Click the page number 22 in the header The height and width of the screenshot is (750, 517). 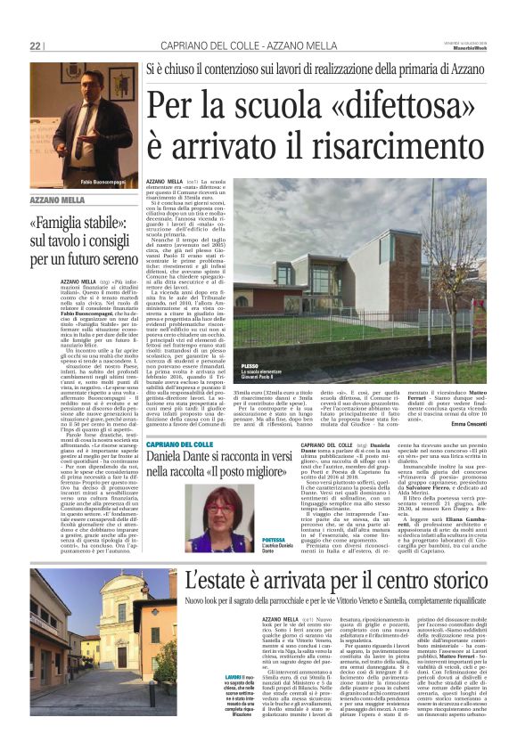tap(36, 45)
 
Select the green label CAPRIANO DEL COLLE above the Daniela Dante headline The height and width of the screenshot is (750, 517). tap(184, 444)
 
